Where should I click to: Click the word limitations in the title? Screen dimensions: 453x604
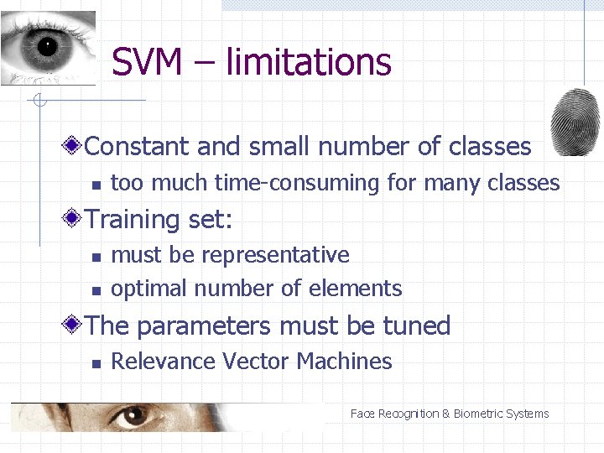click(309, 62)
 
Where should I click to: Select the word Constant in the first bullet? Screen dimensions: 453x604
click(138, 147)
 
